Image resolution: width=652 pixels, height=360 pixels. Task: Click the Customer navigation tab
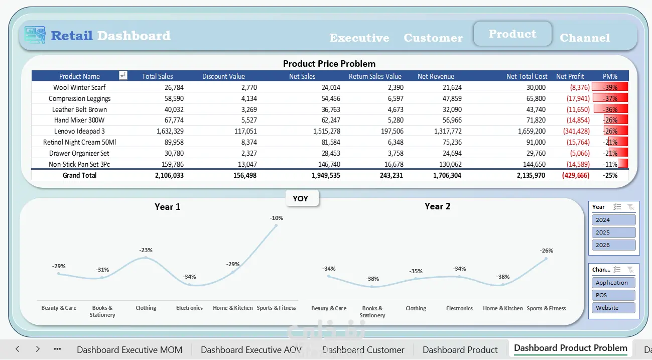pos(433,38)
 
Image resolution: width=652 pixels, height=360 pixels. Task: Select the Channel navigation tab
pos(585,38)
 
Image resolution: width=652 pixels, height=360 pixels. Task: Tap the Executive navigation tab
pos(359,38)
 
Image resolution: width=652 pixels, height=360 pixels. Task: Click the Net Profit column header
pos(570,76)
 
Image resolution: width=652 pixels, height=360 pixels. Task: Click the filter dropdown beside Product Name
pos(123,76)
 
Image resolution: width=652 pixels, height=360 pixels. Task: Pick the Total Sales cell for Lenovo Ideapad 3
pos(170,131)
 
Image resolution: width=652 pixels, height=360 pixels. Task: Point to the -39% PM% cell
pos(610,87)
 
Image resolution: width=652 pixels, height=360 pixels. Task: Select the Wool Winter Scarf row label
pos(79,87)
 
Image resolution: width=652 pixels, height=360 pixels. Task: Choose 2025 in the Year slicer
pos(613,232)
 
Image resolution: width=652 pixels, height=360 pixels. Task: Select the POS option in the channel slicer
pos(613,295)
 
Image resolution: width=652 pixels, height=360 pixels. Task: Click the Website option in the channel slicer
pos(613,308)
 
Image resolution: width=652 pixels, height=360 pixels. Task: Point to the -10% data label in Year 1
pos(276,218)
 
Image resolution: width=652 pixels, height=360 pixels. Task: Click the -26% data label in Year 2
pos(546,251)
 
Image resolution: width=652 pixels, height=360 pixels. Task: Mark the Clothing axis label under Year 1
pos(146,308)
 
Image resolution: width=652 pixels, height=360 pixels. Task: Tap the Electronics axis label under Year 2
pos(459,308)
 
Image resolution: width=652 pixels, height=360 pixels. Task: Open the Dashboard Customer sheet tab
pos(363,349)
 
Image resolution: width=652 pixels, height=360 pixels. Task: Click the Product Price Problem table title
pos(329,63)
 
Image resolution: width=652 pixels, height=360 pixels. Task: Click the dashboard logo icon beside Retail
pos(35,35)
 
